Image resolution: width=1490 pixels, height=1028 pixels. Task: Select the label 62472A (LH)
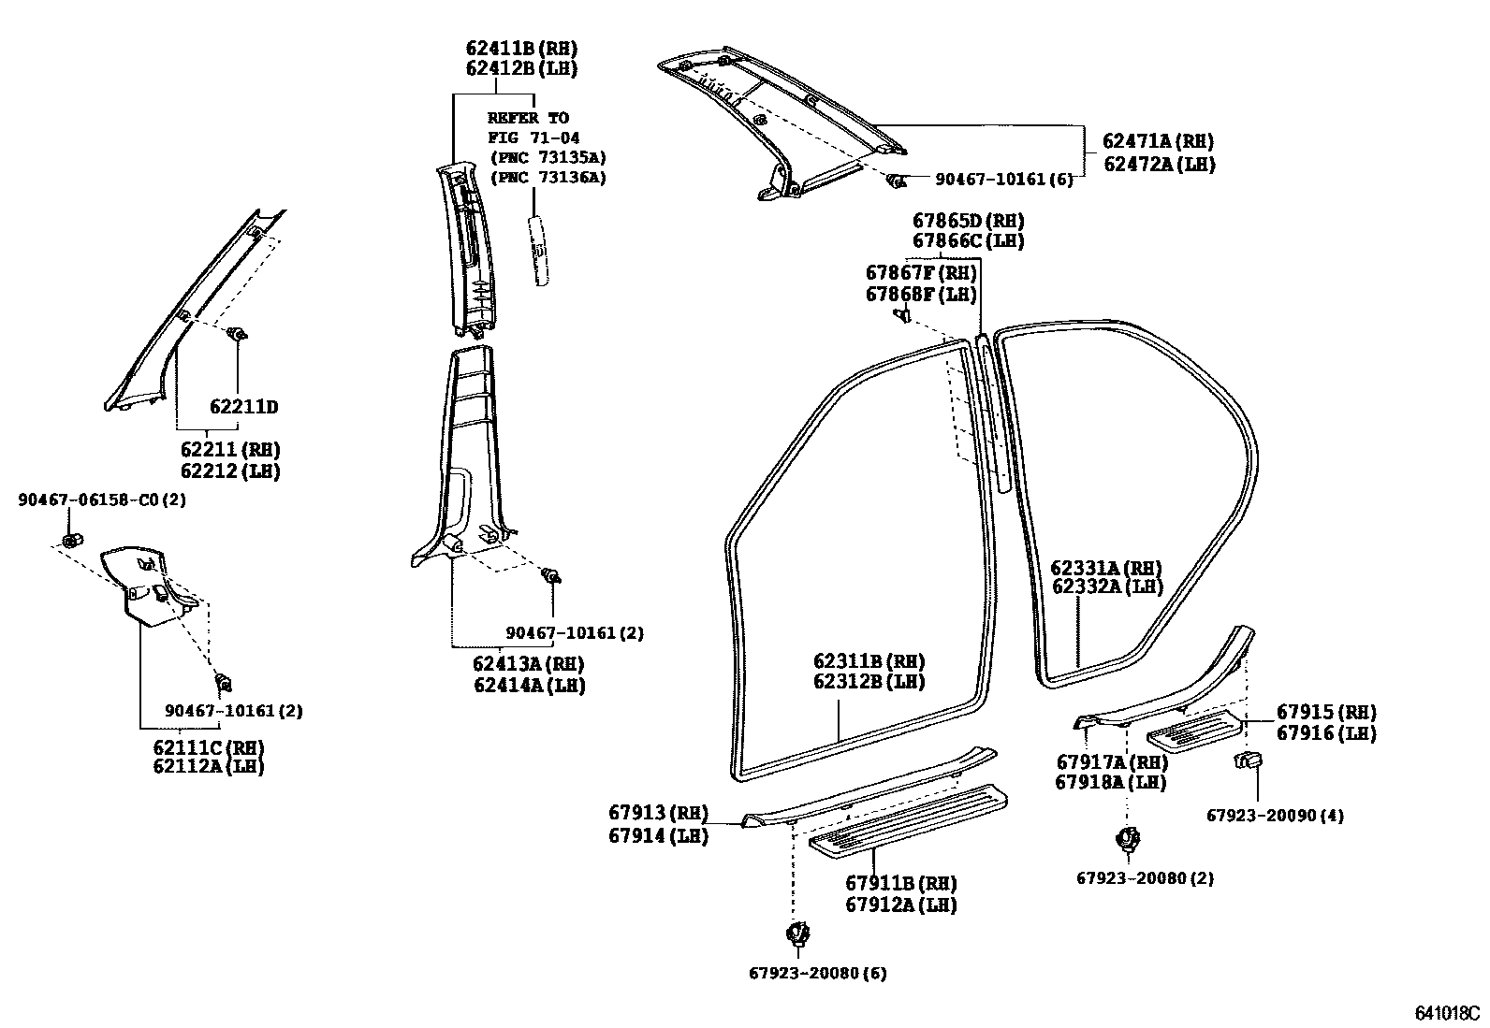1158,164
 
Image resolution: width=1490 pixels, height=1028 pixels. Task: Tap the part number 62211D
243,407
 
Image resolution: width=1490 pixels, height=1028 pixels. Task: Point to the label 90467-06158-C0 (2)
102,500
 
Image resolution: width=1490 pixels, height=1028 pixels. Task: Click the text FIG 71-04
533,138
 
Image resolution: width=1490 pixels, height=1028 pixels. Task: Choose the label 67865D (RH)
968,221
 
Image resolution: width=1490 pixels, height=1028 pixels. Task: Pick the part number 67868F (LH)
921,294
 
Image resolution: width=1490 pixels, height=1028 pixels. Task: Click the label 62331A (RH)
1105,568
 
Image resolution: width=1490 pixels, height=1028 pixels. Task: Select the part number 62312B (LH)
869,681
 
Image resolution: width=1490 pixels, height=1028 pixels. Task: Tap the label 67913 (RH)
658,813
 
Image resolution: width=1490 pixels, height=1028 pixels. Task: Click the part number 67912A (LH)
900,905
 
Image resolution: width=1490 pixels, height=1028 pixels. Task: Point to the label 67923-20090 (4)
1274,816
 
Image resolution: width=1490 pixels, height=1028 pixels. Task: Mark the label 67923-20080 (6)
817,973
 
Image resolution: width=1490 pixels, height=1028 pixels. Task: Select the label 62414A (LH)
529,685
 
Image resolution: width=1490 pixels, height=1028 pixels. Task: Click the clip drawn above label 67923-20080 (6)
797,933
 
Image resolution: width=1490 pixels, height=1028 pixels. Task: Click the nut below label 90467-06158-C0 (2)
70,540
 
